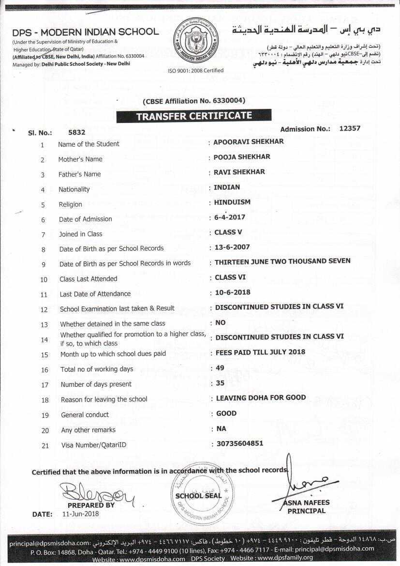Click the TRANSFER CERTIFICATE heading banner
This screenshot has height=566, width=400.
[193, 116]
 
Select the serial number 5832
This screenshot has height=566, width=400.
[77, 132]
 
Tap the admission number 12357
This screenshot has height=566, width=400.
[350, 129]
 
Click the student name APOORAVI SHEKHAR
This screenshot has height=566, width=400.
[249, 142]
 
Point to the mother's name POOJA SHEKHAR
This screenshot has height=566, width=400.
[242, 157]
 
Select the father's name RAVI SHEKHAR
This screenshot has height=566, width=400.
[239, 172]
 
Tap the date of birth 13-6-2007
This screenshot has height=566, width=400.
[232, 247]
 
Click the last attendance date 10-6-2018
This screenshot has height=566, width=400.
[233, 292]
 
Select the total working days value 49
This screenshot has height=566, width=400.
[220, 368]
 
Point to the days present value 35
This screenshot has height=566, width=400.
[220, 383]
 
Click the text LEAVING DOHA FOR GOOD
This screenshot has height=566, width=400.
[261, 398]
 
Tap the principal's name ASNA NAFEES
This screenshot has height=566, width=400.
[306, 503]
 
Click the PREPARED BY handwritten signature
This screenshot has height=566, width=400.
[97, 491]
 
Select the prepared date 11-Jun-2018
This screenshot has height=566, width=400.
[80, 514]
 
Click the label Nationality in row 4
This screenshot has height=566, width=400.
[74, 189]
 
